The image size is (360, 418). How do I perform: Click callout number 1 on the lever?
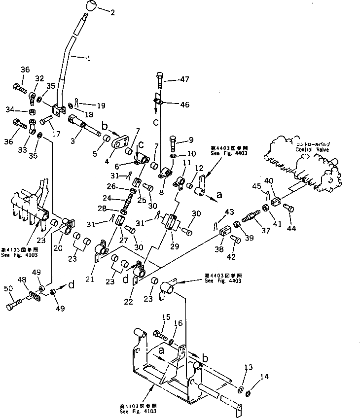[88, 59]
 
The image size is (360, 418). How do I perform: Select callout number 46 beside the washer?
[185, 104]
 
